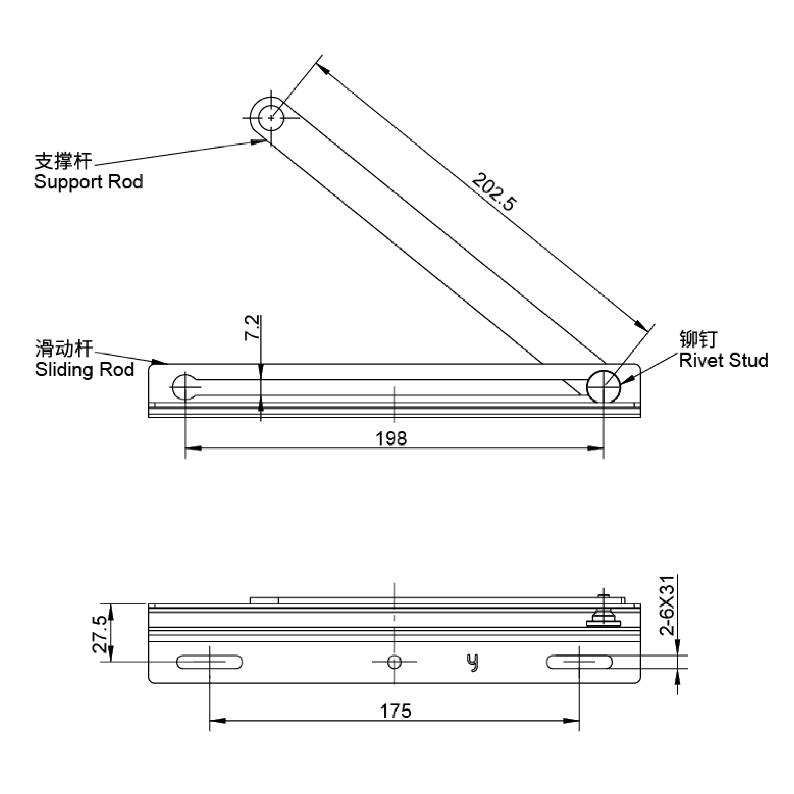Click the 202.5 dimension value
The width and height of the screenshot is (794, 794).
click(493, 192)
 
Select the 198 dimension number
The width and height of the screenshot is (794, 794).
click(391, 439)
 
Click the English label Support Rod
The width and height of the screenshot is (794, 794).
click(88, 182)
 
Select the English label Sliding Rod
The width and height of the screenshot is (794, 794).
click(84, 369)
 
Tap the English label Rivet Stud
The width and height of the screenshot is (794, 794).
click(723, 360)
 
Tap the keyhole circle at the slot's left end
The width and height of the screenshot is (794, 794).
click(185, 386)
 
